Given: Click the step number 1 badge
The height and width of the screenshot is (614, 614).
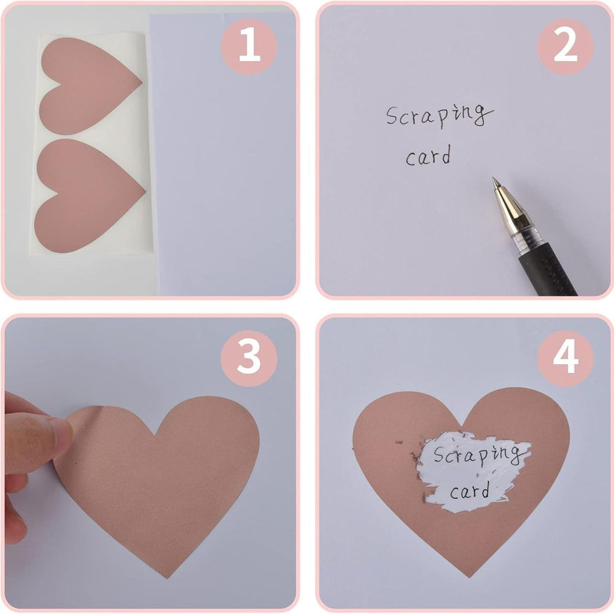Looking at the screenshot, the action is click(x=249, y=46).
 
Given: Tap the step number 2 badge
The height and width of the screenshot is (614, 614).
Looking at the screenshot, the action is click(x=565, y=46).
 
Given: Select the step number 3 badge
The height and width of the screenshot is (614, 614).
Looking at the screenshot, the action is click(x=249, y=359).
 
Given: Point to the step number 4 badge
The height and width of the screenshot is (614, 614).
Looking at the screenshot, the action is click(x=565, y=359).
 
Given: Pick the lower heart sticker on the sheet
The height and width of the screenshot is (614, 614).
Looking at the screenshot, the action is click(x=87, y=195).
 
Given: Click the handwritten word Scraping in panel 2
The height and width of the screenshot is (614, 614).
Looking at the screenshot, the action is click(x=440, y=115).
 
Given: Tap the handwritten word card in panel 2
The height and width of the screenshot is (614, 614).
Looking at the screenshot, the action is click(x=428, y=155).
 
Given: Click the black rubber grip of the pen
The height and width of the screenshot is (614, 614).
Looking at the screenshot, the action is click(x=548, y=270).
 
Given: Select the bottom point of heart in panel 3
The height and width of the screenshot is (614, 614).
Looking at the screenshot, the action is click(x=167, y=577).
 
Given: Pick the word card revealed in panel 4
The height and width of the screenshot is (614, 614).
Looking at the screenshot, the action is click(x=470, y=491).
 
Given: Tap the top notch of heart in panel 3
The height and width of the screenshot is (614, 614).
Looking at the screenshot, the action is click(x=156, y=435).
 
